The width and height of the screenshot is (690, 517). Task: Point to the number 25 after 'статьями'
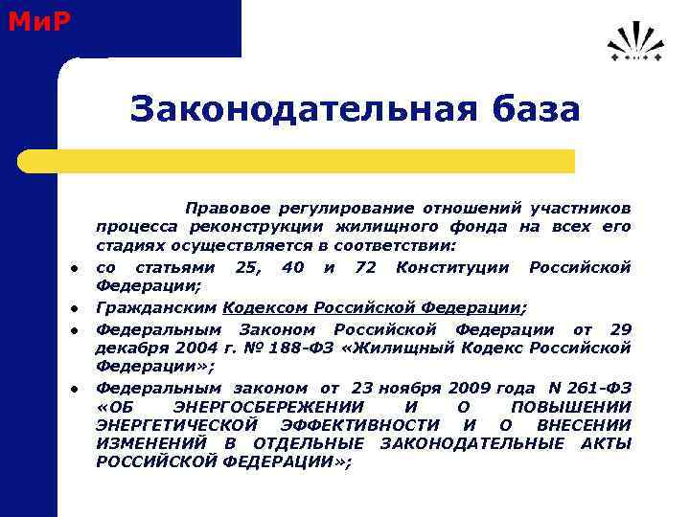[x=247, y=267]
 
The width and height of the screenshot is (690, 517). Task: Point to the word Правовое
[x=227, y=208]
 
